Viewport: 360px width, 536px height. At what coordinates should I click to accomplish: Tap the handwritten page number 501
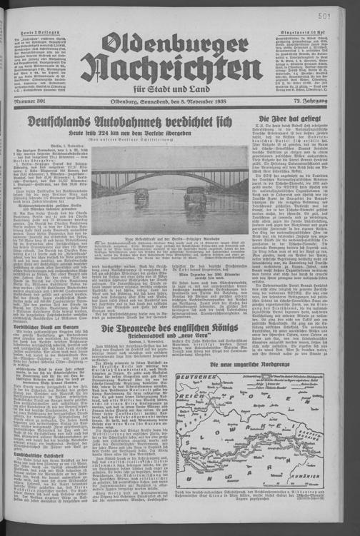343,13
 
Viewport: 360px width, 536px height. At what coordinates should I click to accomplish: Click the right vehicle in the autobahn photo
196,198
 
